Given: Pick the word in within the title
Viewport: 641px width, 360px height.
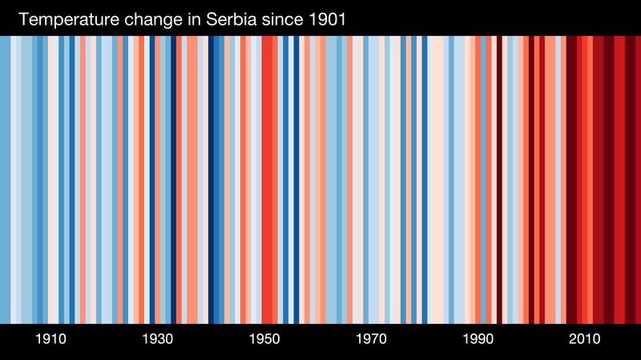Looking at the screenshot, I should pos(192,19).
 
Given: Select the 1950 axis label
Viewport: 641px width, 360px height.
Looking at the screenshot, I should pos(264,339).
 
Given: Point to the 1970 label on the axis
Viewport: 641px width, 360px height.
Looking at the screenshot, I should pos(371,339).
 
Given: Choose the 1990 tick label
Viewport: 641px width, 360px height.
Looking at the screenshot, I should pos(478,339).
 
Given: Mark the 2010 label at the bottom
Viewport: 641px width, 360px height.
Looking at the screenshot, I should pos(585,339).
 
